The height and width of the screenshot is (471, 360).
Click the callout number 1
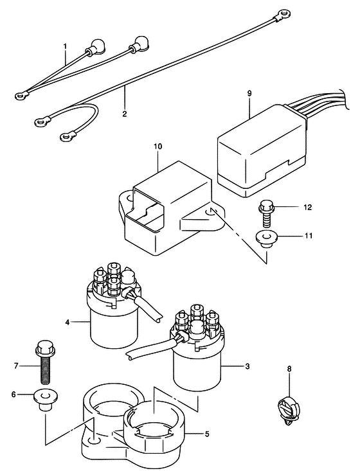pos(65,46)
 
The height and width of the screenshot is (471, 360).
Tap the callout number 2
pos(125,114)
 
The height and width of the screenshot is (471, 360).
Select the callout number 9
pos(249,93)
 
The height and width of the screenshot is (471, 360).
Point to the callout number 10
pos(157,147)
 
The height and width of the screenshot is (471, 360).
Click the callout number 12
pos(307,208)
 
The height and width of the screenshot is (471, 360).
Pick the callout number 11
pos(308,236)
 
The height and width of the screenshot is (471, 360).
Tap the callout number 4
pos(67,323)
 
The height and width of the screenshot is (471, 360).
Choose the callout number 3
pos(247,366)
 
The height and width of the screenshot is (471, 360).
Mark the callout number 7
pos(16,366)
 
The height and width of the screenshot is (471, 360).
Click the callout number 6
pos(14,395)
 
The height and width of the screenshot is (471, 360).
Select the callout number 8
pos(289,369)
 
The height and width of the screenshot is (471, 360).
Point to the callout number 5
pos(206,434)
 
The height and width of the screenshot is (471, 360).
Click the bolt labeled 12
pos(265,215)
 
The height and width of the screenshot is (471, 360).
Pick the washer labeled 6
pos(46,399)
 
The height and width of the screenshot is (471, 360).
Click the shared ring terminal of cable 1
pos(22,96)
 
